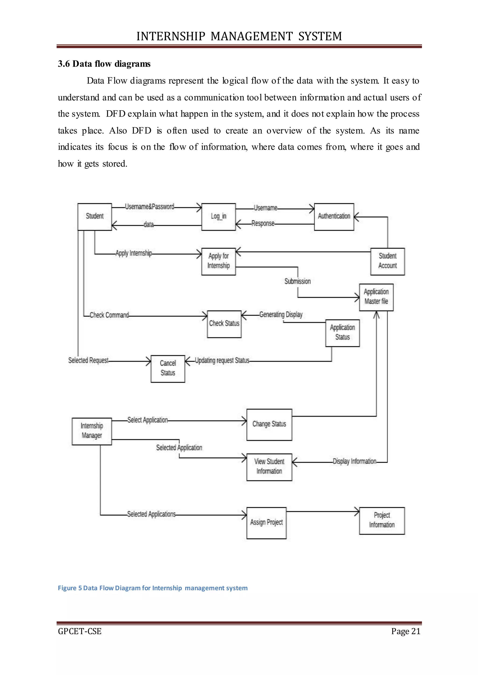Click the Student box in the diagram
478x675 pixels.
95,217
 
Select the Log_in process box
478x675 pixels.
218,217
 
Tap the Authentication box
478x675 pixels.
334,217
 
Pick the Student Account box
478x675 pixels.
387,261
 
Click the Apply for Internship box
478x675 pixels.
218,261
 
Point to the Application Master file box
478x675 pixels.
376,297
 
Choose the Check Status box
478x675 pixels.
224,324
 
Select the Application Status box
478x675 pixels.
342,333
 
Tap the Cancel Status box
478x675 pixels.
168,369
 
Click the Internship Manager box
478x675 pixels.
92,431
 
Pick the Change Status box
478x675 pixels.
269,424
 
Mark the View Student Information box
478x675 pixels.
269,467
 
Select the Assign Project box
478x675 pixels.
266,523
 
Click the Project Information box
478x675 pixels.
382,521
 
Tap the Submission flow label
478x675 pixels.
297,281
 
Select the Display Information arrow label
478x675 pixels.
354,461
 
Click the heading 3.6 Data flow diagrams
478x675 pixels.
104,64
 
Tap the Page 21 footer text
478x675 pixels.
406,631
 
